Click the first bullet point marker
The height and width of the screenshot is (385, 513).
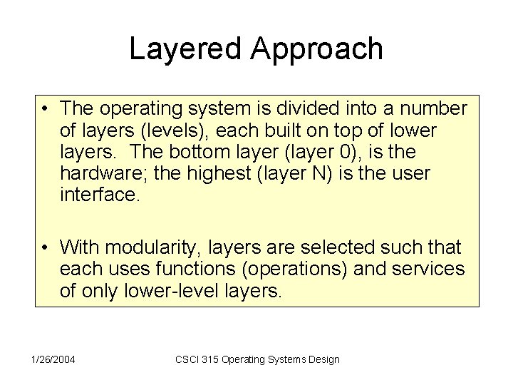click(45, 109)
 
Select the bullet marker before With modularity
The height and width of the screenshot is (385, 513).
click(45, 248)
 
